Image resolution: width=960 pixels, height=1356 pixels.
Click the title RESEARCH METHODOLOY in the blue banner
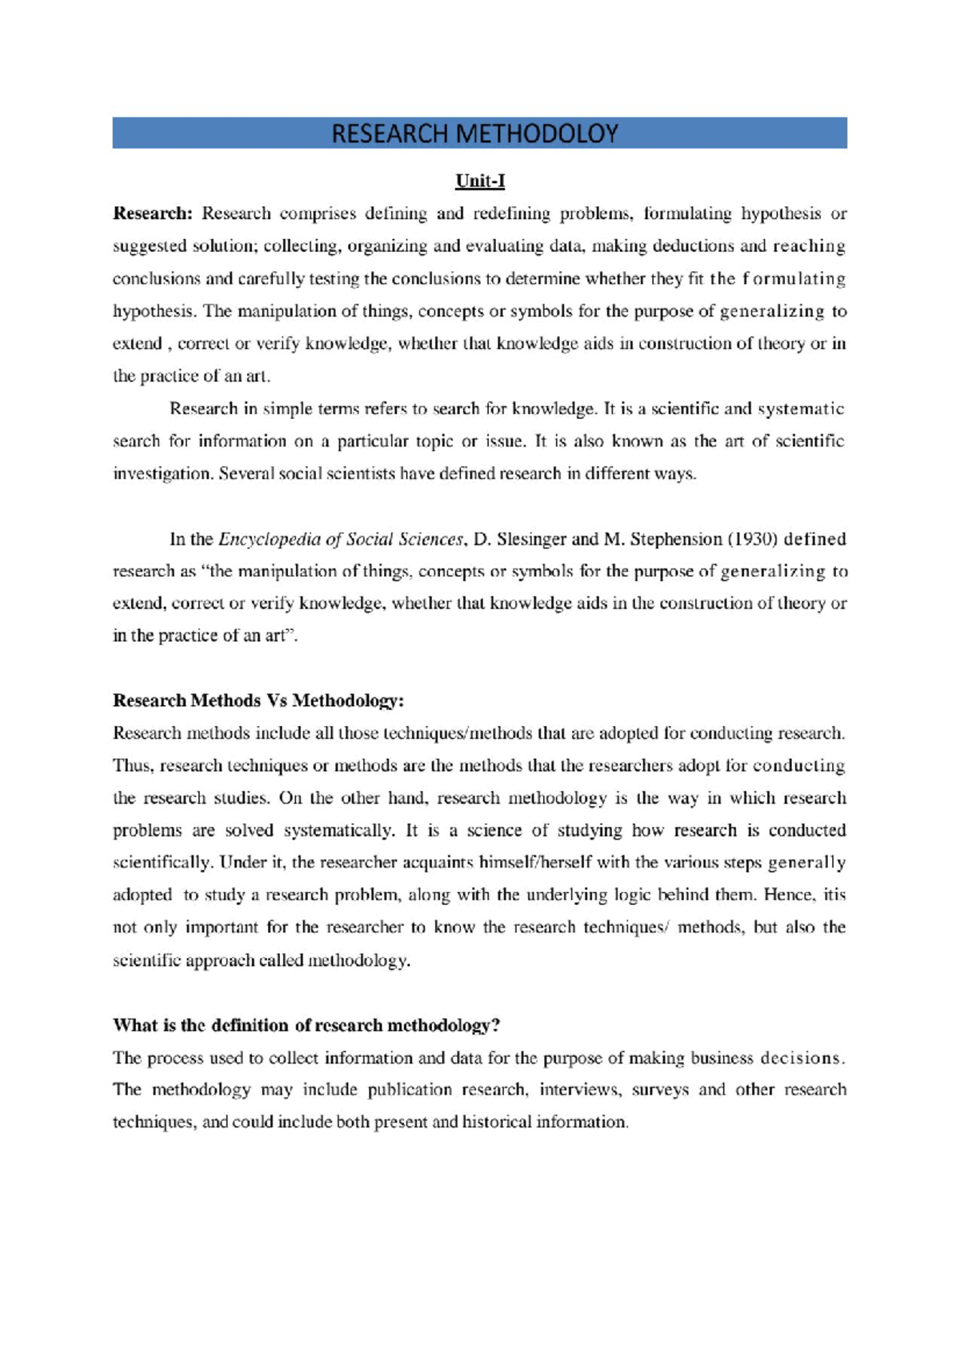(x=475, y=134)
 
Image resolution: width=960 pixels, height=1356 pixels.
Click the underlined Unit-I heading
(x=480, y=181)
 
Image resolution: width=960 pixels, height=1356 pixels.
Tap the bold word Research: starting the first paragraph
(x=153, y=213)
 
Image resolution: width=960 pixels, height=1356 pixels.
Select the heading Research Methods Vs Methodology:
(x=258, y=700)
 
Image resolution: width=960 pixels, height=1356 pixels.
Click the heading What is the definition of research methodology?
(x=306, y=1025)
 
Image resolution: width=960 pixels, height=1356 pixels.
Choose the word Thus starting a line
(x=132, y=765)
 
